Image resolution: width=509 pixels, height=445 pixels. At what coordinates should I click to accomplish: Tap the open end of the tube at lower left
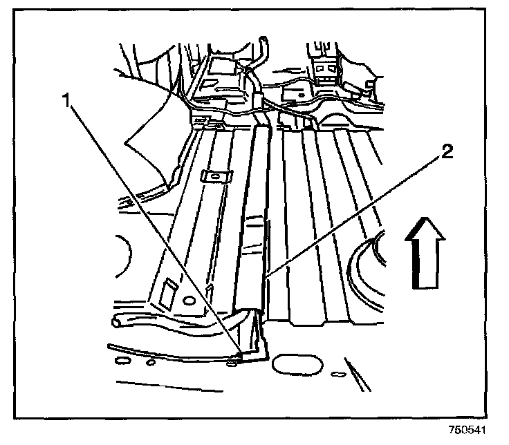coord(117,321)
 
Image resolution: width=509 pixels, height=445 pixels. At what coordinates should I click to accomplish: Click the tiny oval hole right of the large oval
coord(337,373)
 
